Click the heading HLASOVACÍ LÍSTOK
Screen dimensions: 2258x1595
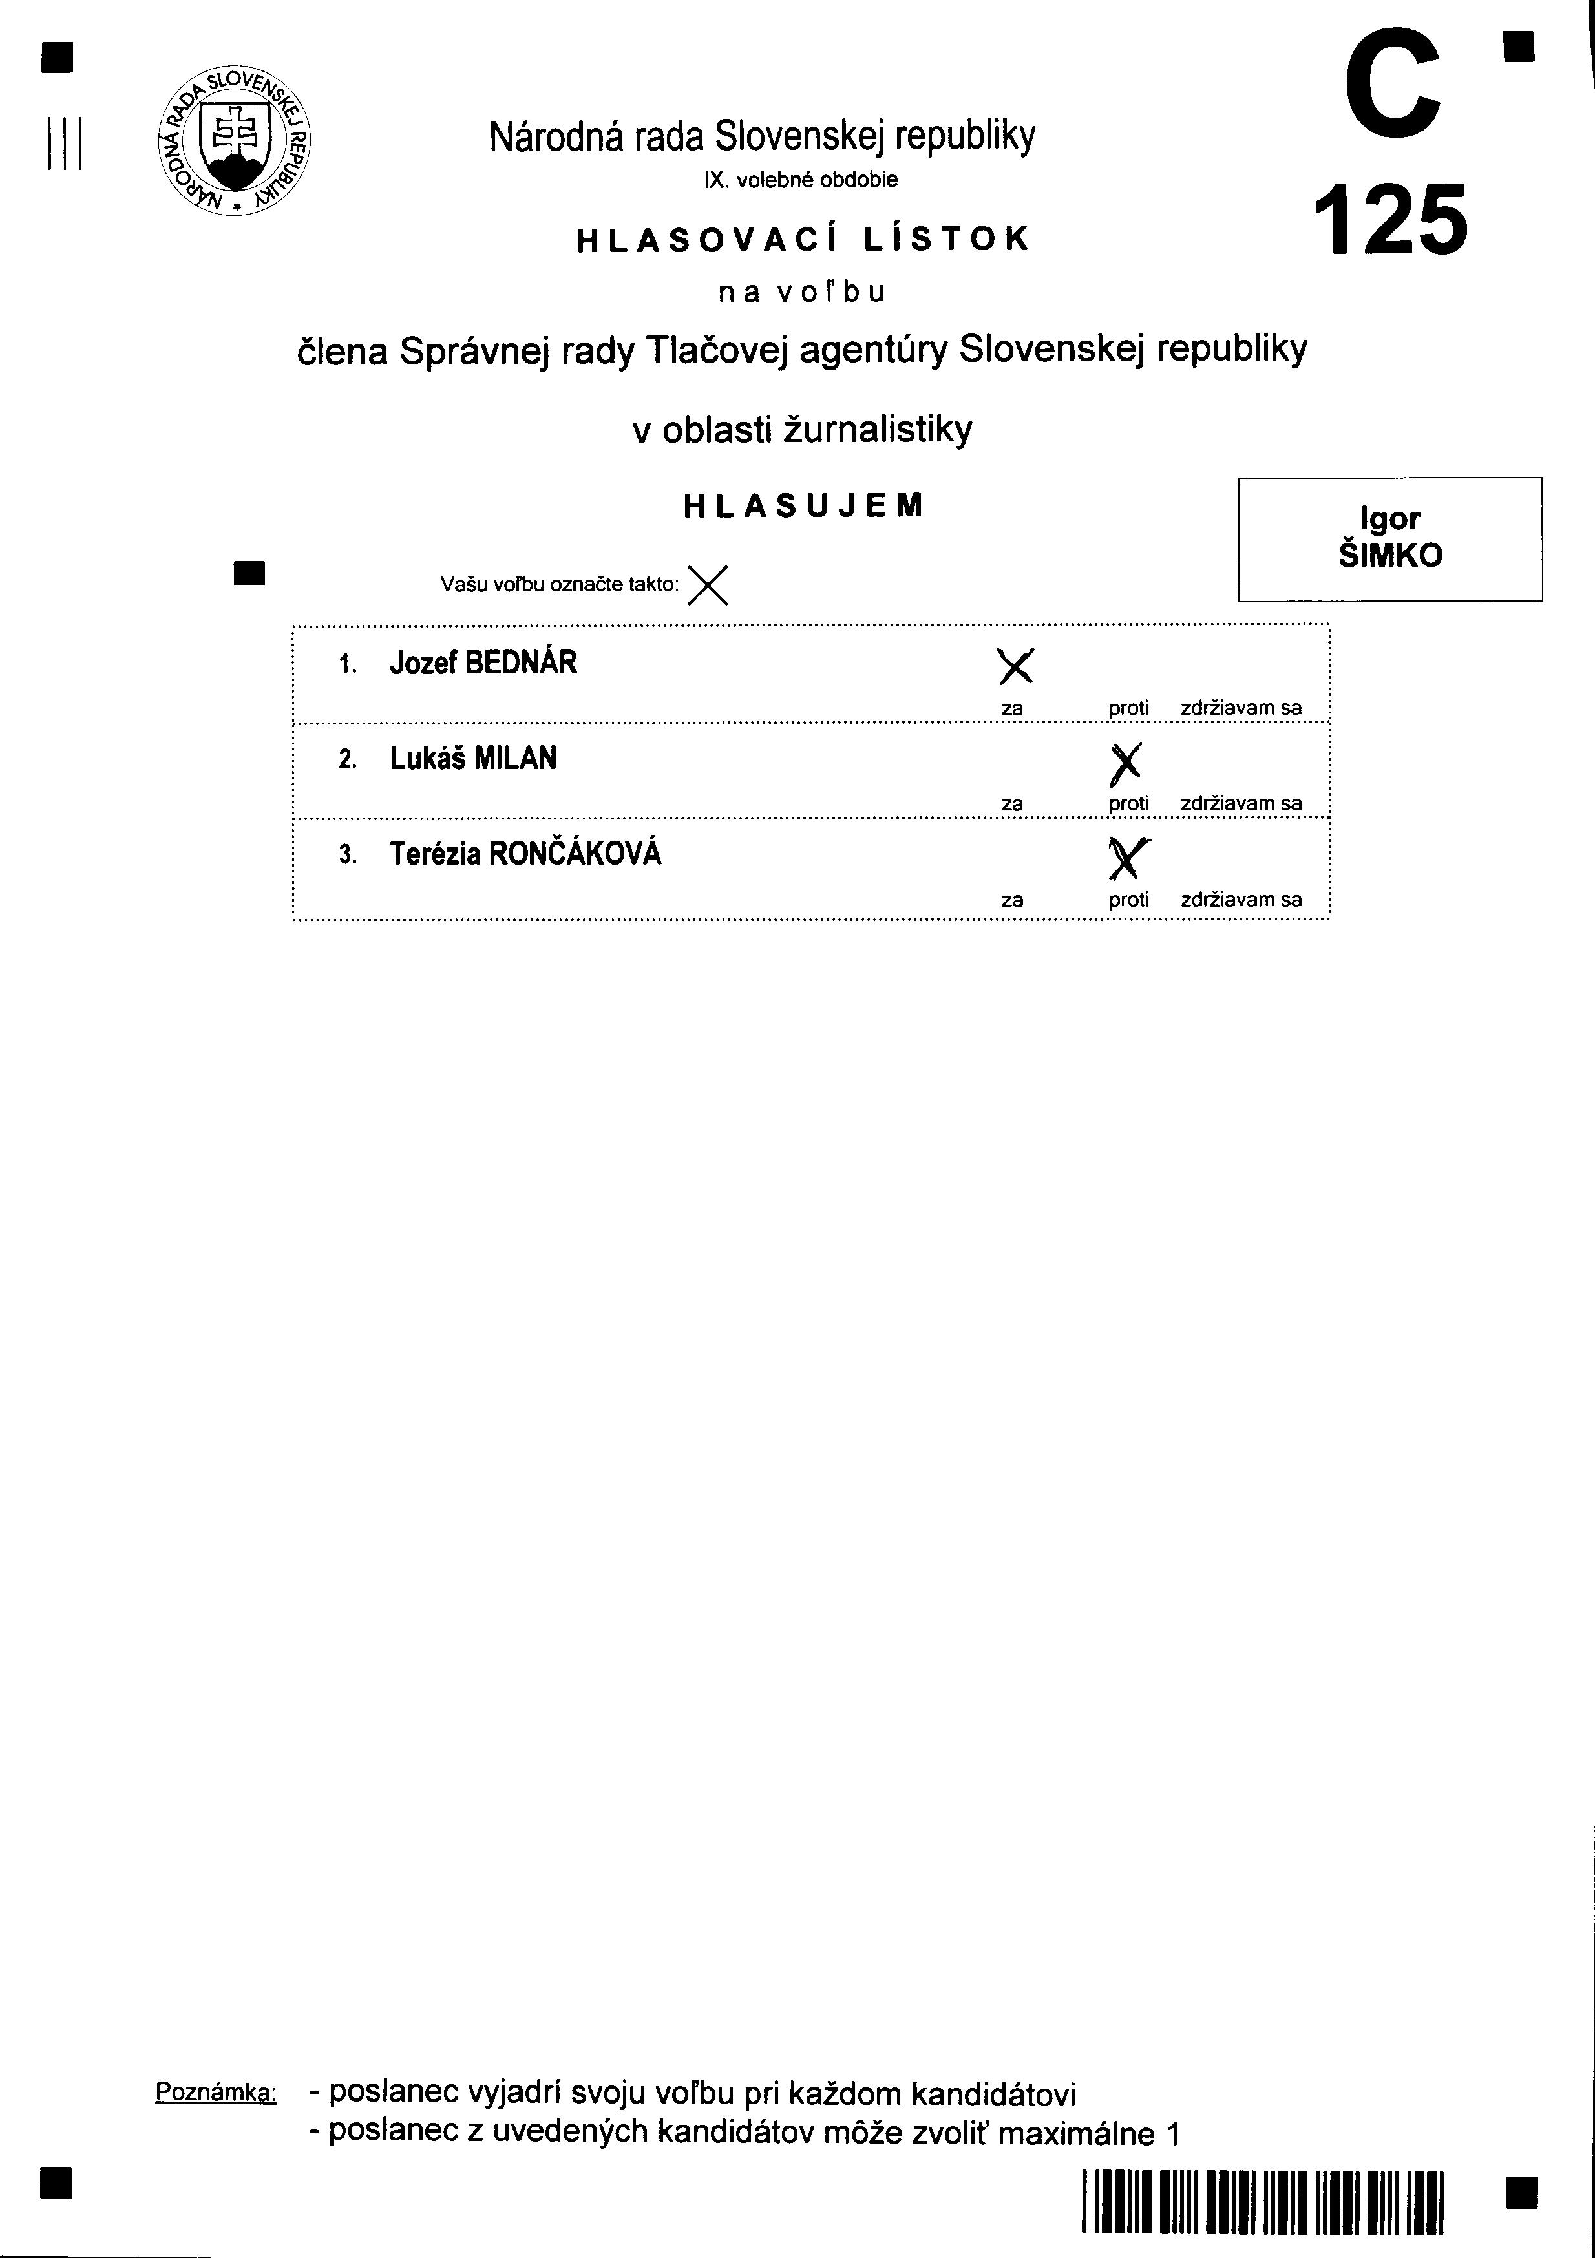coord(803,240)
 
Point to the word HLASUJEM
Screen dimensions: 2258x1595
coord(803,505)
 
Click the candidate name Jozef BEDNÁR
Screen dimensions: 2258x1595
coord(483,663)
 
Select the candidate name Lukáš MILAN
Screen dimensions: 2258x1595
coord(473,758)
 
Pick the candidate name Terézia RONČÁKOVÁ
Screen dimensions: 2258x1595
coord(525,854)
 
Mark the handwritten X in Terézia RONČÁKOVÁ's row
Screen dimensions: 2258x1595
coord(1128,858)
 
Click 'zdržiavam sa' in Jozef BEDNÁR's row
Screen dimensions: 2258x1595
coord(1241,708)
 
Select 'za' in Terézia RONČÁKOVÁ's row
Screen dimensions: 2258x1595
coord(1012,900)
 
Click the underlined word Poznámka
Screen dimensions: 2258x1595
coord(215,2092)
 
